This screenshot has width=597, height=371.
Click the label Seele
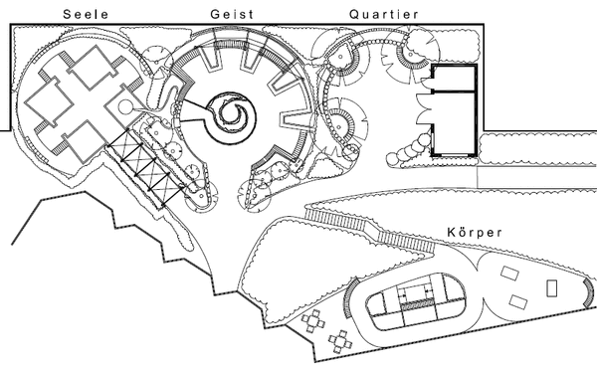pyautogui.click(x=86, y=15)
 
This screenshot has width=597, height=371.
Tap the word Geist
pyautogui.click(x=232, y=15)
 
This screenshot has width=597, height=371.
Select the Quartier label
pyautogui.click(x=384, y=15)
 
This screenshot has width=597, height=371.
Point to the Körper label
pyautogui.click(x=475, y=232)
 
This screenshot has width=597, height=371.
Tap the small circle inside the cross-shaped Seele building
pyautogui.click(x=125, y=107)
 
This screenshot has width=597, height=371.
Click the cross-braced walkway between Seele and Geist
pyautogui.click(x=146, y=168)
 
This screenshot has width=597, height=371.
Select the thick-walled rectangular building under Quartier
pyautogui.click(x=454, y=110)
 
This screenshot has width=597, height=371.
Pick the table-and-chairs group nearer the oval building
pyautogui.click(x=340, y=342)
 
